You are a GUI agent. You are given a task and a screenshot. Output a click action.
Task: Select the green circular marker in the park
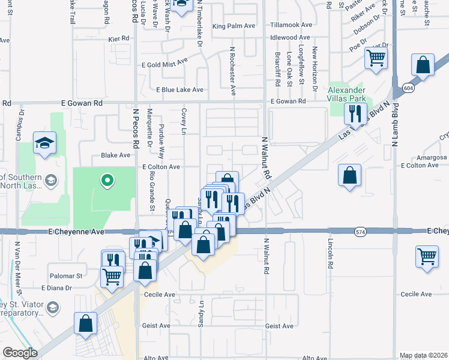107,179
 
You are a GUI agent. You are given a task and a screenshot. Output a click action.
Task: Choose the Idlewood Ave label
291,37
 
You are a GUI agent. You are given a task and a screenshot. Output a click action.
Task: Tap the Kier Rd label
119,38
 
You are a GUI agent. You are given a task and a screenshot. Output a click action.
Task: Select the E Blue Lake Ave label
179,89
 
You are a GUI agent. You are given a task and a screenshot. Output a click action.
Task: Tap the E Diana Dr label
65,288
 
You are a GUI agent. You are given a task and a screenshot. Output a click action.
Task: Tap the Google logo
20,353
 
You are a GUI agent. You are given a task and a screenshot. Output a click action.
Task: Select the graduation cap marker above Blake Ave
44,143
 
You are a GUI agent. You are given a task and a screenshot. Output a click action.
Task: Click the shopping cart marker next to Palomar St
112,276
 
